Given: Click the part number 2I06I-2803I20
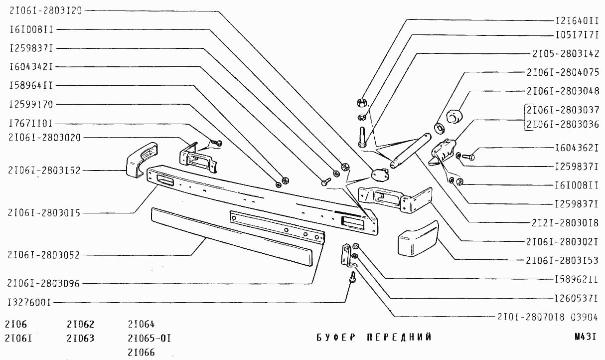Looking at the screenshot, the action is pyautogui.click(x=46, y=10).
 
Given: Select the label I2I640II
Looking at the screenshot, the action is pyautogui.click(x=577, y=21).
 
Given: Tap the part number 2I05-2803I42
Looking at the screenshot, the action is pyautogui.click(x=566, y=53).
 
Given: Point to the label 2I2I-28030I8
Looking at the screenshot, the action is pyautogui.click(x=565, y=223).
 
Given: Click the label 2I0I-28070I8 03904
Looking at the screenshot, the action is pyautogui.click(x=547, y=317).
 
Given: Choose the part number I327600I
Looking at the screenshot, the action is pyautogui.click(x=29, y=303).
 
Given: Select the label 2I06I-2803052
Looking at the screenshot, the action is pyautogui.click(x=43, y=255).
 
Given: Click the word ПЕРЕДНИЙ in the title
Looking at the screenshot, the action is pyautogui.click(x=399, y=337).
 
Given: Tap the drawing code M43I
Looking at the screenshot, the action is pyautogui.click(x=585, y=337).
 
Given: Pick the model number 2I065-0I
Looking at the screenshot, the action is pyautogui.click(x=150, y=338).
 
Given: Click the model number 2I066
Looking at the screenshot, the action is pyautogui.click(x=141, y=352).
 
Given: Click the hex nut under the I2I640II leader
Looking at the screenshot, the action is pyautogui.click(x=361, y=103).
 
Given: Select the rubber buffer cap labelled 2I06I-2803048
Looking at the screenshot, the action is pyautogui.click(x=454, y=116).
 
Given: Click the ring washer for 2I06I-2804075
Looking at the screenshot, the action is pyautogui.click(x=440, y=128).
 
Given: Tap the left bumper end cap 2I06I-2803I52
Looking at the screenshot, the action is pyautogui.click(x=142, y=160).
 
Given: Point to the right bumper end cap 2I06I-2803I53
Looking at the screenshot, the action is pyautogui.click(x=418, y=239).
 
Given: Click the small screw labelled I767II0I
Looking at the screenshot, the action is pyautogui.click(x=217, y=143).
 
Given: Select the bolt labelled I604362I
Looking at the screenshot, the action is pyautogui.click(x=468, y=157).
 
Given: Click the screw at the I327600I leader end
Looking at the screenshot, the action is pyautogui.click(x=352, y=278).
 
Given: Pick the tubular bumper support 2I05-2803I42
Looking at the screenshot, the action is pyautogui.click(x=411, y=151).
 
